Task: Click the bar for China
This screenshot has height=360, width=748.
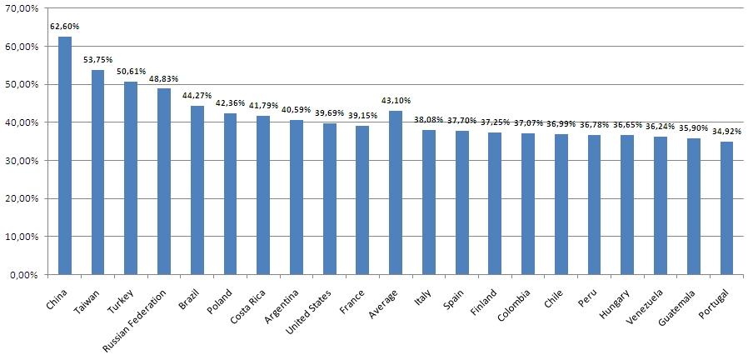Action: point(65,156)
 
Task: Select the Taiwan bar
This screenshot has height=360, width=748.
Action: point(97,172)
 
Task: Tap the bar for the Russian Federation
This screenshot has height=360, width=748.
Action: point(164,182)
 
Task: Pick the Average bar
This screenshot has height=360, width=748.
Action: point(396,192)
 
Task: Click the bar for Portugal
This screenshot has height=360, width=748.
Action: point(726,208)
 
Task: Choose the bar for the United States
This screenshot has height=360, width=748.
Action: point(330,199)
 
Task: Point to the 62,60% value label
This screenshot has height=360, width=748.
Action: point(64,27)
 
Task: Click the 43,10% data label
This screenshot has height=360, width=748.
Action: point(396,101)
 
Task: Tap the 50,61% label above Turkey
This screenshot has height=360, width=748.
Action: point(131,71)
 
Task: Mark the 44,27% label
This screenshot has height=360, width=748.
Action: point(197,96)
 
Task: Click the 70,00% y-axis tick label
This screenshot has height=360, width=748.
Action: point(23,8)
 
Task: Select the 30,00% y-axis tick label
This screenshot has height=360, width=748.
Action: point(23,161)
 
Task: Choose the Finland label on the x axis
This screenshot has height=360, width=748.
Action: point(486,298)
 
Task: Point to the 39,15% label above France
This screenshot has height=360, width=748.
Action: point(362,115)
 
